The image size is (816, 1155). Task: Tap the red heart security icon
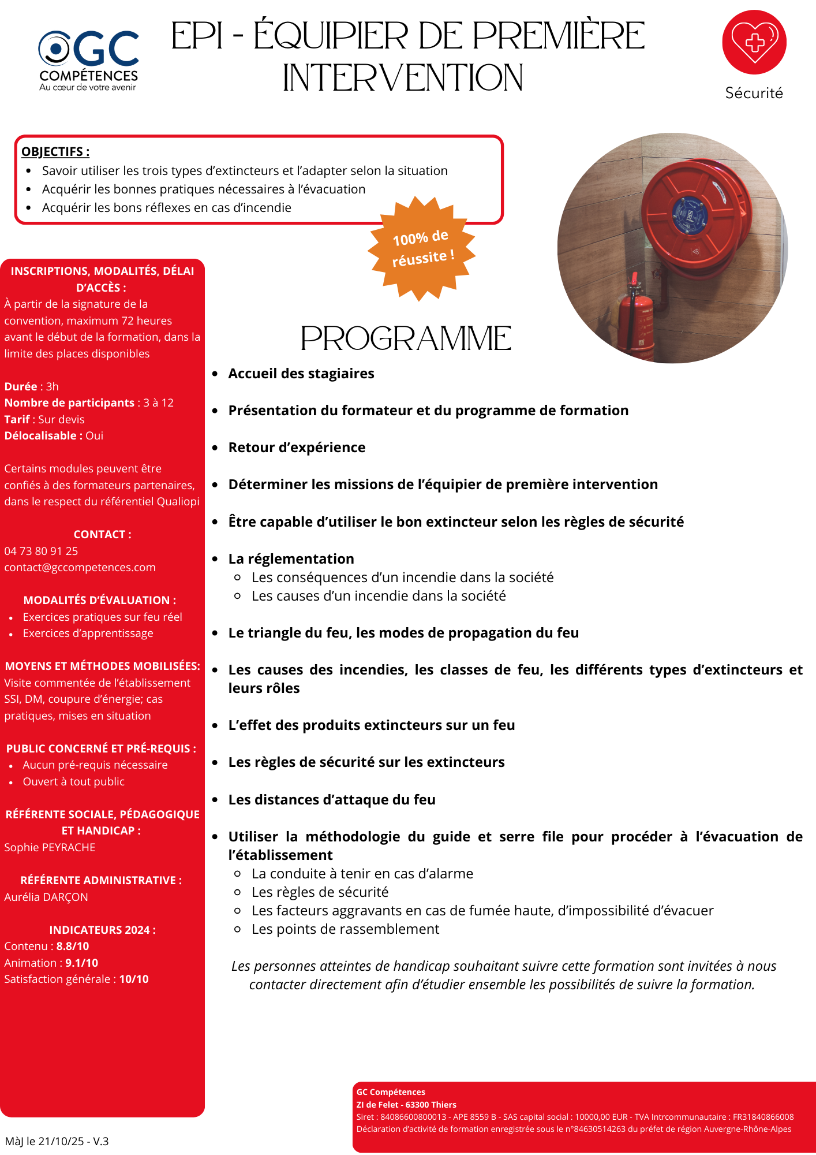pos(754,42)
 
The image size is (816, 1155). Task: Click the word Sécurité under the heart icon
pos(754,93)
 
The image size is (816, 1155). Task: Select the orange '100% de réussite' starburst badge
pos(422,248)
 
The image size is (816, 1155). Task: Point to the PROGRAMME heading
pos(406,338)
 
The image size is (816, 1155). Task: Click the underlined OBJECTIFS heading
pos(55,152)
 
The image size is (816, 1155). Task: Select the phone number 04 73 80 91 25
pos(41,551)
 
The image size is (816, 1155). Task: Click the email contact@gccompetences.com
pos(80,567)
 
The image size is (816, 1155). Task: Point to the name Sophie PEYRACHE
pos(50,847)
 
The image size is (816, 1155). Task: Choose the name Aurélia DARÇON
pos(46,897)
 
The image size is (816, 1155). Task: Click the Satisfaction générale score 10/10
pos(134,979)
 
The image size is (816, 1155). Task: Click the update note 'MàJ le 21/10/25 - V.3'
pos(57,1141)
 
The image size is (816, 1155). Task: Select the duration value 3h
pos(53,386)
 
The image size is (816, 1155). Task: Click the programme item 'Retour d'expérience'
pos(297,448)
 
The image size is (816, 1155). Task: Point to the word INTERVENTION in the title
pos(403,79)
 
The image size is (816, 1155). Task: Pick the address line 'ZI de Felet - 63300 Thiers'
pos(406,1104)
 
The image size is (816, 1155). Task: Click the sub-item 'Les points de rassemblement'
pos(345,929)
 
